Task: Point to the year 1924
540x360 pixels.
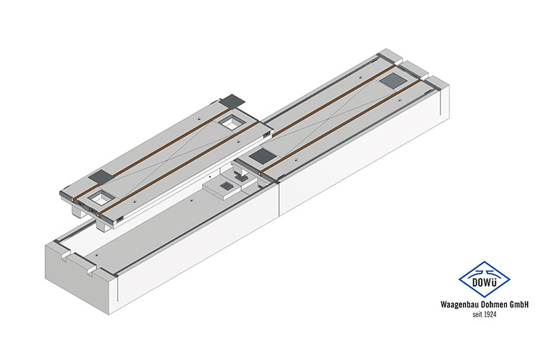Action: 490,314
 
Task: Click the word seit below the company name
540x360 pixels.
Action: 477,314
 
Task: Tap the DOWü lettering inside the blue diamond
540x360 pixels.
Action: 485,282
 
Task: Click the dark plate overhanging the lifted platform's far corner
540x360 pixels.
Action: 233,100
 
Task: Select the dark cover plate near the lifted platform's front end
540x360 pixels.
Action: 101,176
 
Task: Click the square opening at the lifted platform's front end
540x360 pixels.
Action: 101,199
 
